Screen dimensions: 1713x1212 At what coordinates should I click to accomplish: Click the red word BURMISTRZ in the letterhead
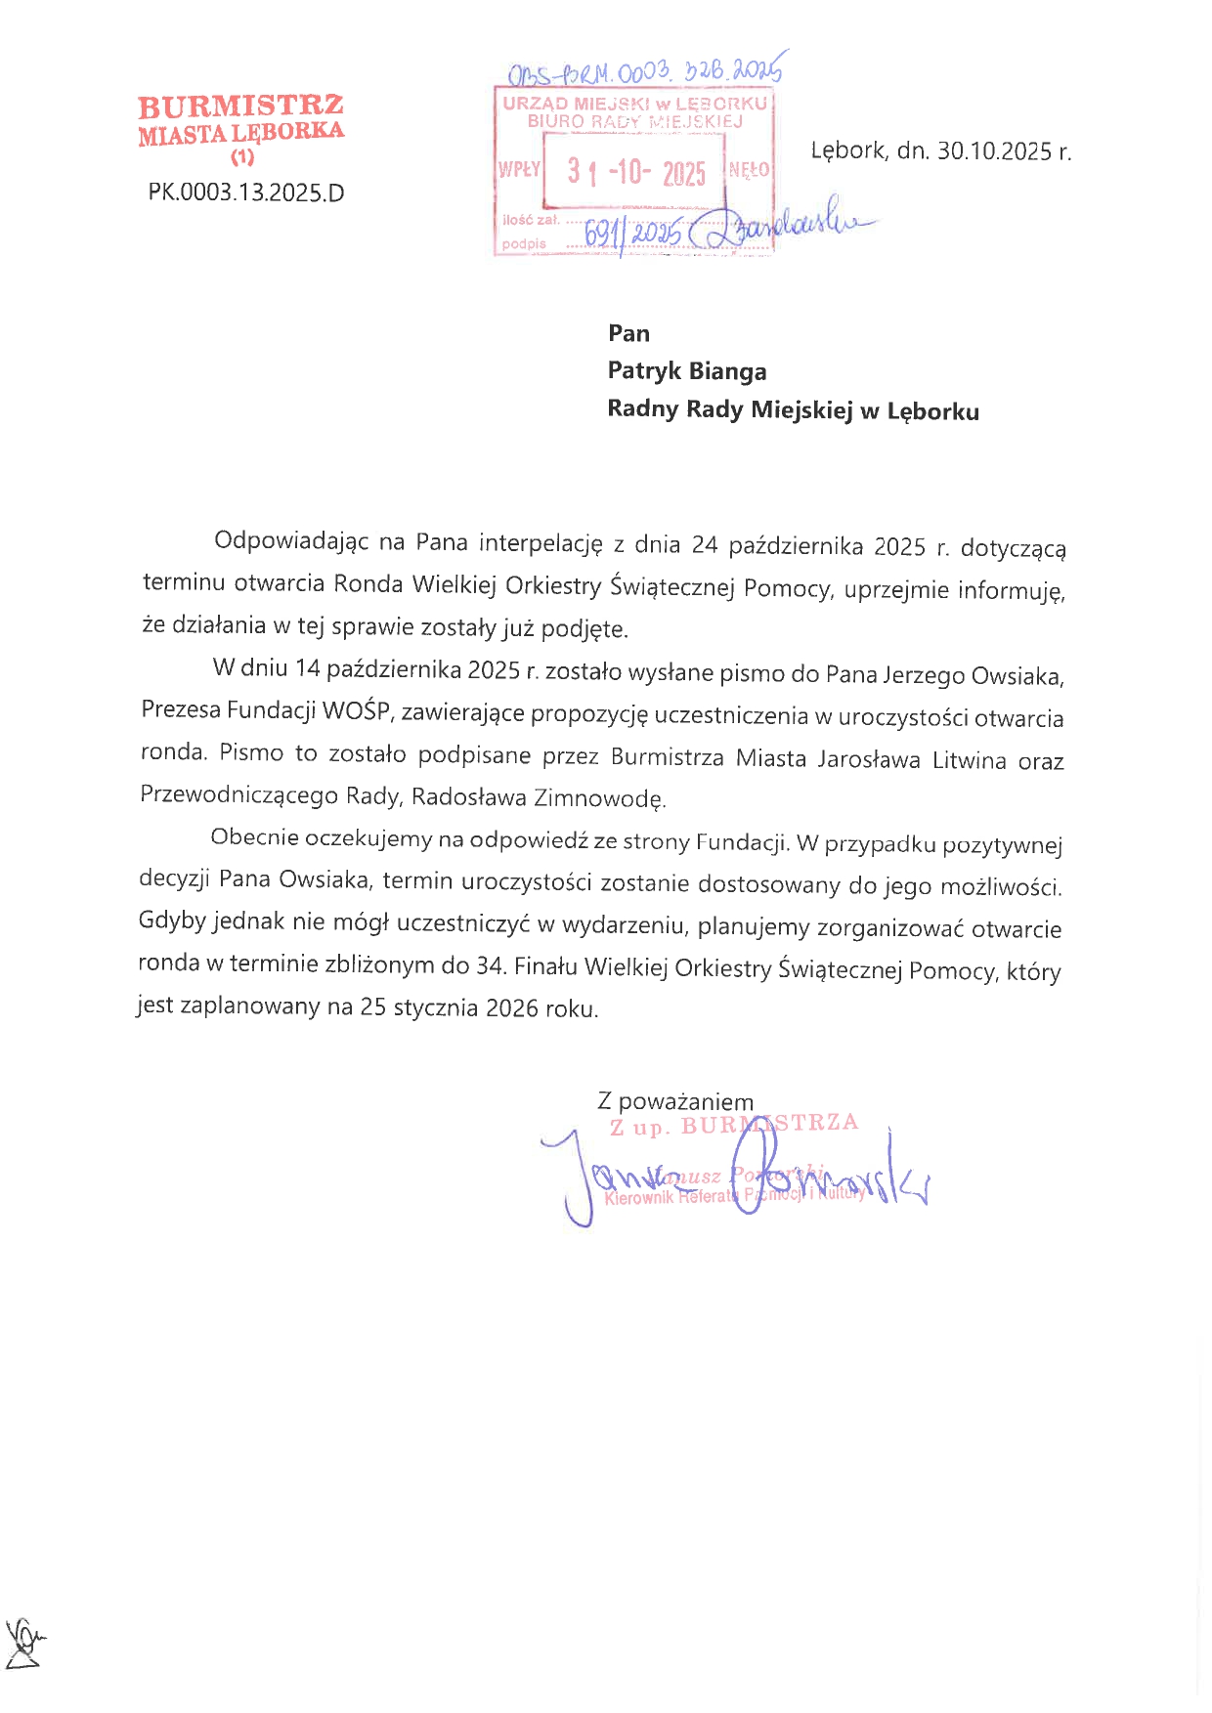pyautogui.click(x=240, y=106)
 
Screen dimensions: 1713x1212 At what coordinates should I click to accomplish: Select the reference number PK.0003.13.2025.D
pyautogui.click(x=246, y=193)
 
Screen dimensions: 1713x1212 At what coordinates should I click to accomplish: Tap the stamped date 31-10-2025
pyautogui.click(x=636, y=173)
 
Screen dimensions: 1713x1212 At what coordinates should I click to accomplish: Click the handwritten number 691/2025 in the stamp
pyautogui.click(x=631, y=234)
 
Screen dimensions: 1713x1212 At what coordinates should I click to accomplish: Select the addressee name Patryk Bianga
pyautogui.click(x=686, y=371)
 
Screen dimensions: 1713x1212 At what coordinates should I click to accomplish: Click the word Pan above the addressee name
pyautogui.click(x=628, y=333)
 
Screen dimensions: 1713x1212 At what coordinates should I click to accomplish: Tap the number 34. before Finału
pyautogui.click(x=491, y=965)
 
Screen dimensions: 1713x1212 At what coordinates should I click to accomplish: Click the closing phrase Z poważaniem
pyautogui.click(x=675, y=1101)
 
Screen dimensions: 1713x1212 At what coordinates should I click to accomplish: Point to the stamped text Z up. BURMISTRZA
pyautogui.click(x=733, y=1125)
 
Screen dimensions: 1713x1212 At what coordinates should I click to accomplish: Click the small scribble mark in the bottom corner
pyautogui.click(x=24, y=1643)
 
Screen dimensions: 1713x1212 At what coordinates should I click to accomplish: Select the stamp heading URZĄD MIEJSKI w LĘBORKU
pyautogui.click(x=635, y=104)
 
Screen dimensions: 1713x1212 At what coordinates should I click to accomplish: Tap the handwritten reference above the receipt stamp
pyautogui.click(x=645, y=71)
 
